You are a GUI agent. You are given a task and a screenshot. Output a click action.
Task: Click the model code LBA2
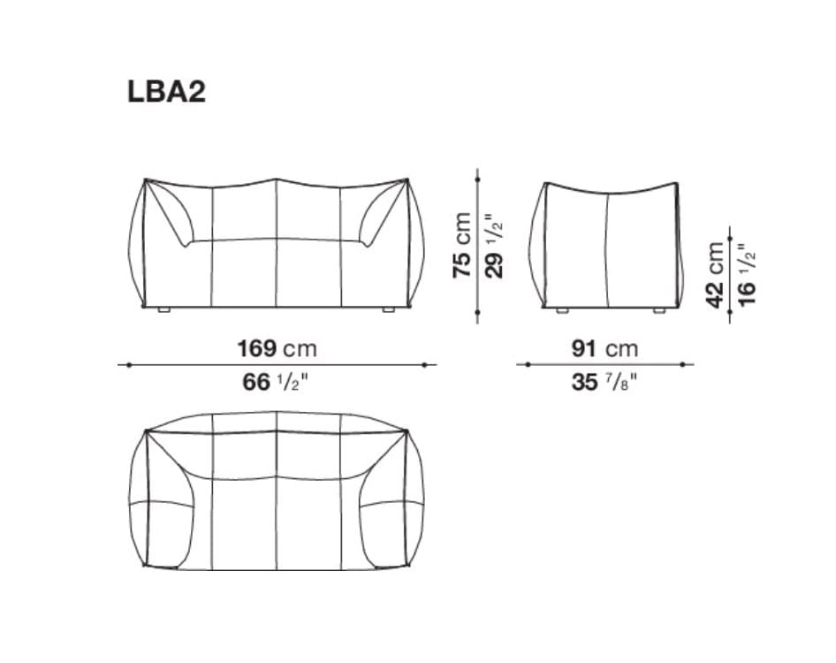166,91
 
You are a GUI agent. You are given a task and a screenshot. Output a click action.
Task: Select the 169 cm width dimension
276,348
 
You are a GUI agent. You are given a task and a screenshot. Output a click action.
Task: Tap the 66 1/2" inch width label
276,383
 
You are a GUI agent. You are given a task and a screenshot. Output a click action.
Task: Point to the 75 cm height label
462,246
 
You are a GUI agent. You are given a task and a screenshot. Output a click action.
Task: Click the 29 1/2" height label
496,246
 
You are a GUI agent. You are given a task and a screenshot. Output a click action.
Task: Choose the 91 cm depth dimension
604,348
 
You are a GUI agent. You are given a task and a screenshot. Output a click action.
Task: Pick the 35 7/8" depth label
604,383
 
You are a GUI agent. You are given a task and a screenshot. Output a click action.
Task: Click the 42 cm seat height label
716,274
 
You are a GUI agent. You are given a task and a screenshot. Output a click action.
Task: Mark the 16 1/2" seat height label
749,274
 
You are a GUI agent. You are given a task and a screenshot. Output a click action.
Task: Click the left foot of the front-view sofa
163,311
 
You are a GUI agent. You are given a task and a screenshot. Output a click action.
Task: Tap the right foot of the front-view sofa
388,311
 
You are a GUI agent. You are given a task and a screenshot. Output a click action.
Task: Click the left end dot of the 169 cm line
129,364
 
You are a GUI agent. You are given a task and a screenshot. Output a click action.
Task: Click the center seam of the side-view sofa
608,248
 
